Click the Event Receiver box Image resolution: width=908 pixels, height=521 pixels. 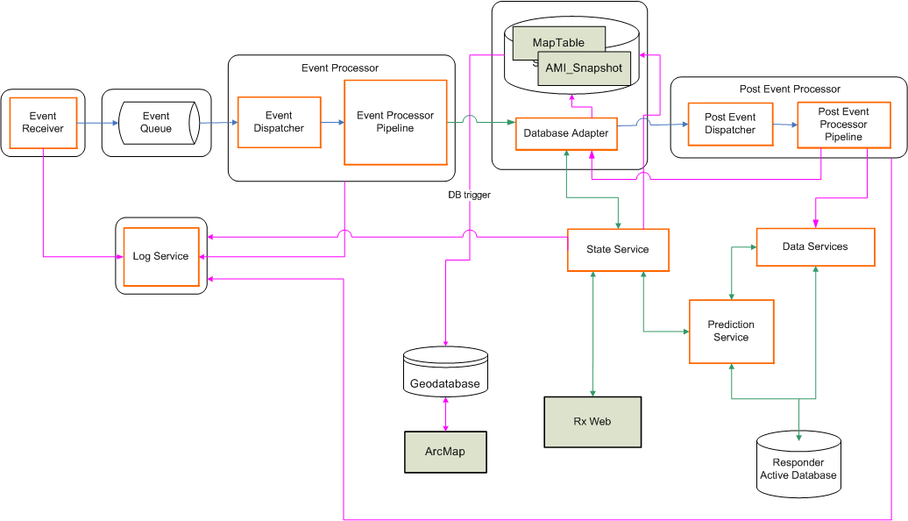[x=43, y=123]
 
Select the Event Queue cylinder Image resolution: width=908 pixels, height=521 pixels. [x=157, y=123]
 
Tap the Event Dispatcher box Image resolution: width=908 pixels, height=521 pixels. [x=280, y=122]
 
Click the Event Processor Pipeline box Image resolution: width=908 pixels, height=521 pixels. [x=395, y=122]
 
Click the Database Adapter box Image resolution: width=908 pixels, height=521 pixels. [x=565, y=133]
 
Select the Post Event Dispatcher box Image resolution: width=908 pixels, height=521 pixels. [x=730, y=124]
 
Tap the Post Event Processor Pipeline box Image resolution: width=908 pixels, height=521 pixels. [x=843, y=125]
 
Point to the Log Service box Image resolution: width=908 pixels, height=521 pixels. [x=161, y=256]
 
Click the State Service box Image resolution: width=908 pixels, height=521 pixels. [x=618, y=250]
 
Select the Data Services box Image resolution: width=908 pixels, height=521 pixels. [x=815, y=246]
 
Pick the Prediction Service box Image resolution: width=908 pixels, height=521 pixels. [x=731, y=331]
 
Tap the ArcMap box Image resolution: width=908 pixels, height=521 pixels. [x=445, y=452]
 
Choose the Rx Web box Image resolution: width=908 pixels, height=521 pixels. [x=592, y=422]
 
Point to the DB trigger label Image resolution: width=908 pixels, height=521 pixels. [x=469, y=195]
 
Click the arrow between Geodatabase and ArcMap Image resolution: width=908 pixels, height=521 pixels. [x=447, y=413]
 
